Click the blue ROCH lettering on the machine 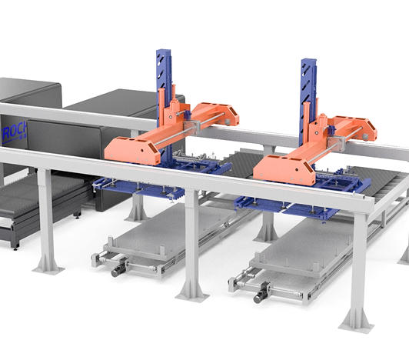(13, 131)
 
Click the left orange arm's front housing (132, 149)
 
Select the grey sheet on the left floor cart (169, 231)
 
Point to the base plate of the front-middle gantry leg (191, 293)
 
